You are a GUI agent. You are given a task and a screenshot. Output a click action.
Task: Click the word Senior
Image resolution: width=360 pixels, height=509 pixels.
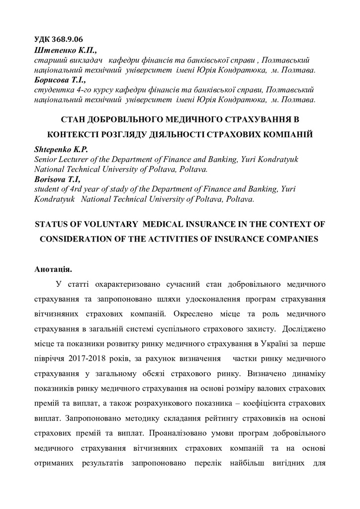coord(46,159)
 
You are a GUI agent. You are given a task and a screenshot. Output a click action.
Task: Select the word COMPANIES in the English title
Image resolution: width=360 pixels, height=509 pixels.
coord(290,239)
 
